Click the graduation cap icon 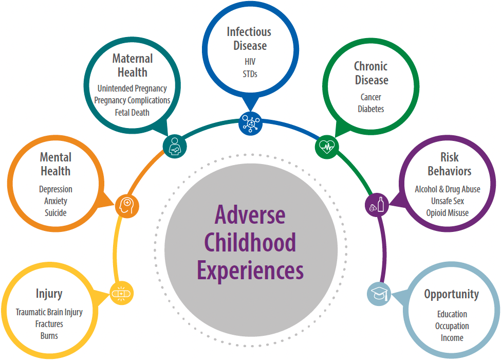[x=379, y=294]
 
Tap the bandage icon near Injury [x=122, y=293]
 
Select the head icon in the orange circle [x=127, y=206]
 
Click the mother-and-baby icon [x=175, y=147]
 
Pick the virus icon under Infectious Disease [x=251, y=123]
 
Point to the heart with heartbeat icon [x=327, y=147]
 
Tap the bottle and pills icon [x=377, y=205]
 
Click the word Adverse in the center [x=250, y=215]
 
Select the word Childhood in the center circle [x=250, y=242]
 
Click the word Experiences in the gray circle [x=250, y=271]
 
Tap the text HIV [x=250, y=61]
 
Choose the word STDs [x=250, y=74]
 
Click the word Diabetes [x=371, y=109]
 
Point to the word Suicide [x=55, y=213]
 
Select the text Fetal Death [x=132, y=113]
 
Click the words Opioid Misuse [x=448, y=213]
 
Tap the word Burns [x=49, y=336]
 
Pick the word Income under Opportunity [x=452, y=338]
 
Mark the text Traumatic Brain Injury [x=49, y=312]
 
